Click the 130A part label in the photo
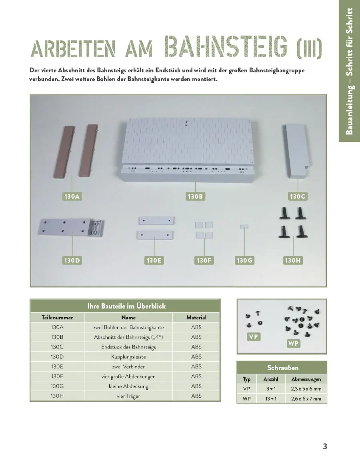(72, 197)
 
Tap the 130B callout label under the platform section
(195, 197)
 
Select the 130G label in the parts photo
(244, 261)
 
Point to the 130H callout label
(293, 261)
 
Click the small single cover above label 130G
(244, 227)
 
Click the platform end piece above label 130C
(296, 151)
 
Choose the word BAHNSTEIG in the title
(226, 47)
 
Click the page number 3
(325, 446)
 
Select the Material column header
(196, 317)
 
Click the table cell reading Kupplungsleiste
(128, 356)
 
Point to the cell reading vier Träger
(128, 396)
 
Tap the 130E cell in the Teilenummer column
(57, 366)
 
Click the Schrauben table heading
(283, 368)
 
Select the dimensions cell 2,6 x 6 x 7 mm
(306, 398)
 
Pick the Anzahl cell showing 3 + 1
(271, 389)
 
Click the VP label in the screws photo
(254, 337)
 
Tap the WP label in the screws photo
(293, 344)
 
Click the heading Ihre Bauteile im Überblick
(126, 306)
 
